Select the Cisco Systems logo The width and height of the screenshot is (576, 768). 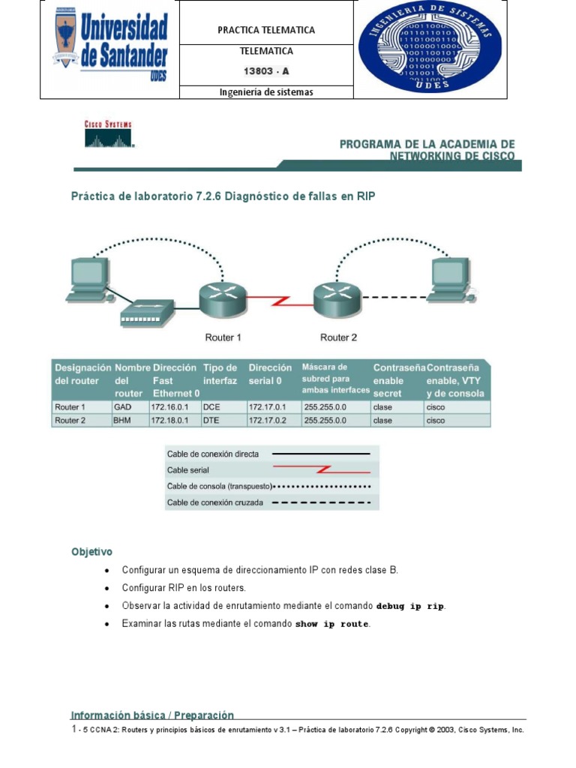tap(106, 133)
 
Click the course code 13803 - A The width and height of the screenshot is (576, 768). tap(266, 71)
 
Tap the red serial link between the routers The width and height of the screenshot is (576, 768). tap(280, 301)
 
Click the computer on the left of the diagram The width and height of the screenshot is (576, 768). tap(88, 281)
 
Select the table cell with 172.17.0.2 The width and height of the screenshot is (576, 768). tap(267, 421)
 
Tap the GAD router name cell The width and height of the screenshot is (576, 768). tap(122, 406)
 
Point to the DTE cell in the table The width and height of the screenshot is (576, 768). tap(211, 421)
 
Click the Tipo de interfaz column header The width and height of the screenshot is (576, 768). tap(220, 374)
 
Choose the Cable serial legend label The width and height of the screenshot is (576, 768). tap(188, 470)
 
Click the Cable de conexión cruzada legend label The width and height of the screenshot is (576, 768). tap(215, 502)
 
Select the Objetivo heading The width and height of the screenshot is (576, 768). tap(91, 551)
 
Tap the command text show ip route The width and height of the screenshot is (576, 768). tap(332, 624)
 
